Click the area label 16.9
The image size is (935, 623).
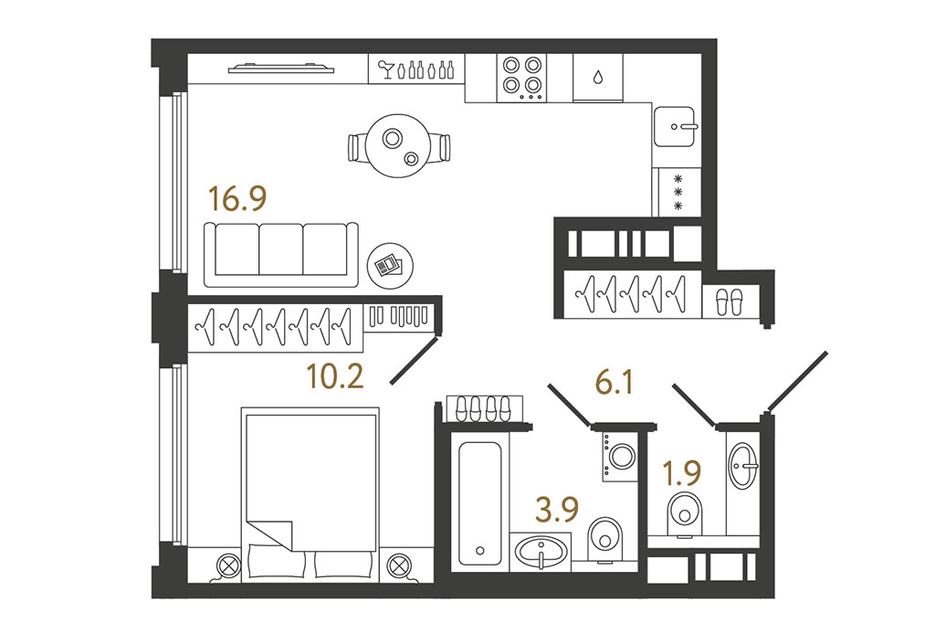pyautogui.click(x=237, y=199)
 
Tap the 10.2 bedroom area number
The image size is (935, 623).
pyautogui.click(x=334, y=376)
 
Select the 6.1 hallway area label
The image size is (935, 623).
pyautogui.click(x=615, y=382)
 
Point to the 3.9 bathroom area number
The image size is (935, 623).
pyautogui.click(x=558, y=511)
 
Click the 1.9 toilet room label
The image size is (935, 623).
pyautogui.click(x=682, y=474)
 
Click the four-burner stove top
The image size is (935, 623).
pyautogui.click(x=521, y=79)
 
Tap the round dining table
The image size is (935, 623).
pyautogui.click(x=398, y=145)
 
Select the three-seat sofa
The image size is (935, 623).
pyautogui.click(x=281, y=255)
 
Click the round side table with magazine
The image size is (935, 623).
pyautogui.click(x=390, y=266)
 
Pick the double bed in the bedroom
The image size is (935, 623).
pyautogui.click(x=310, y=493)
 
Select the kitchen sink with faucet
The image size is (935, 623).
pyautogui.click(x=675, y=126)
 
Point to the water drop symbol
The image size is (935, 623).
pyautogui.click(x=597, y=77)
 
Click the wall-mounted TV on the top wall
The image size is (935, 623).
pyautogui.click(x=281, y=69)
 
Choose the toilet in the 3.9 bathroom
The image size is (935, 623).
pyautogui.click(x=604, y=540)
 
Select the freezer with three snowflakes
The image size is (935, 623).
pyautogui.click(x=678, y=192)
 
